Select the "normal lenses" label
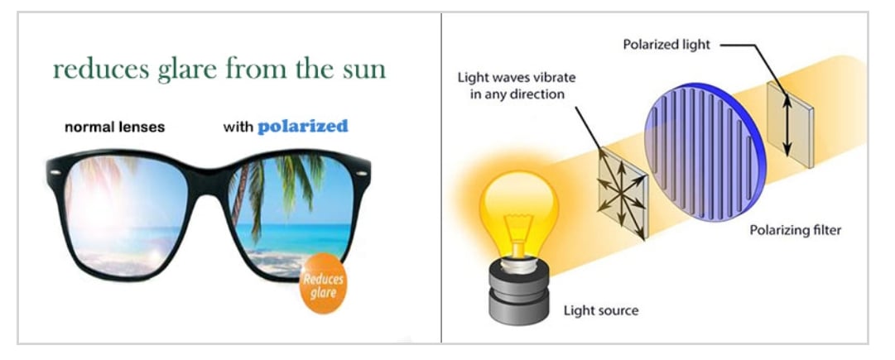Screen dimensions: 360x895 point(116,128)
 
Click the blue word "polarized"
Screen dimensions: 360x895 point(302,127)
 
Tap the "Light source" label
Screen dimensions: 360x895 point(600,311)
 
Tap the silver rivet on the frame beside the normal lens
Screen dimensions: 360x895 point(55,173)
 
